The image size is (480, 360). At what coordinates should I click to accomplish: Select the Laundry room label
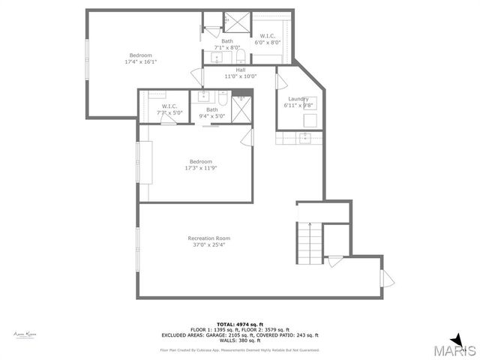(x=298, y=98)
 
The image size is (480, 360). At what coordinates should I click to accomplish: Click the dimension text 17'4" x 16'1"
(x=142, y=61)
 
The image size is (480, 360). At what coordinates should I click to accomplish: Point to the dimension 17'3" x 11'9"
(x=200, y=168)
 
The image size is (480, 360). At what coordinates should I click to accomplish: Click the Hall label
(x=241, y=69)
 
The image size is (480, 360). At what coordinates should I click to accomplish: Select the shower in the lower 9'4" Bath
(x=241, y=109)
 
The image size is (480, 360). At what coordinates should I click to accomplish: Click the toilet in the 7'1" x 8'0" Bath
(x=239, y=55)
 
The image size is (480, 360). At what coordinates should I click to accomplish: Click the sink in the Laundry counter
(x=304, y=137)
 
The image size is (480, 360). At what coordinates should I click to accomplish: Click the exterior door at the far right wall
(x=387, y=277)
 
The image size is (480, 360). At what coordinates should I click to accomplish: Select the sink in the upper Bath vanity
(x=217, y=56)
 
